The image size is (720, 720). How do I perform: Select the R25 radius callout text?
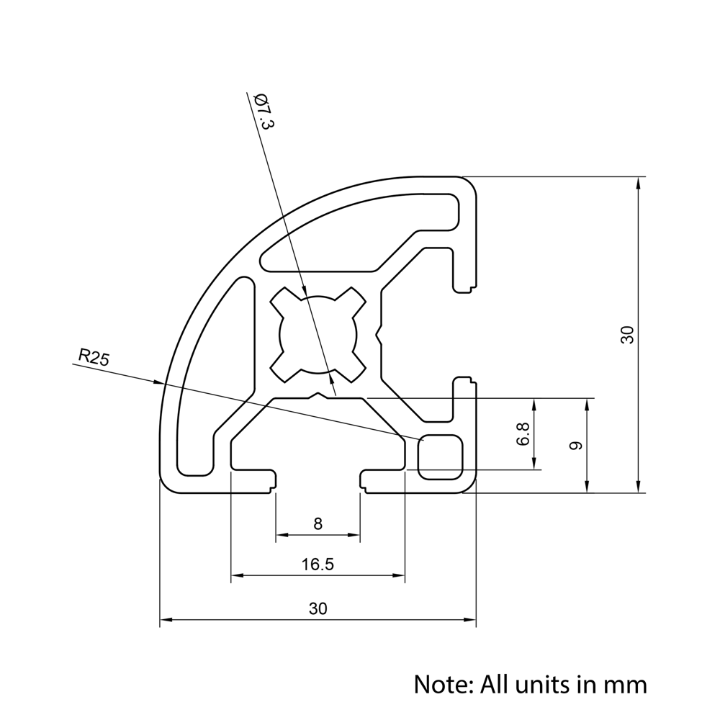pos(94,356)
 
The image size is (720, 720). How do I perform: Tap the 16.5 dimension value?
pos(318,564)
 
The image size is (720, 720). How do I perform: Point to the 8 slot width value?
pos(318,524)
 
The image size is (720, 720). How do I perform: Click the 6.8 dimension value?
pos(523,434)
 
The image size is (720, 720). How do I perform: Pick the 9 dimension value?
pos(575,446)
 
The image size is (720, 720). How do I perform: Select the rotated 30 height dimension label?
pos(627,335)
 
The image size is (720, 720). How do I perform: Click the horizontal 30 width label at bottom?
pos(318,608)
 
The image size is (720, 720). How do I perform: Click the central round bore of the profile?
pos(318,335)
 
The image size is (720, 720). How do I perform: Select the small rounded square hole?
pos(441,456)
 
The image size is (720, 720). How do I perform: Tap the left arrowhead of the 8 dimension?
pos(282,535)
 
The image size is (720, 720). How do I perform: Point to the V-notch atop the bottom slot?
pos(318,395)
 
